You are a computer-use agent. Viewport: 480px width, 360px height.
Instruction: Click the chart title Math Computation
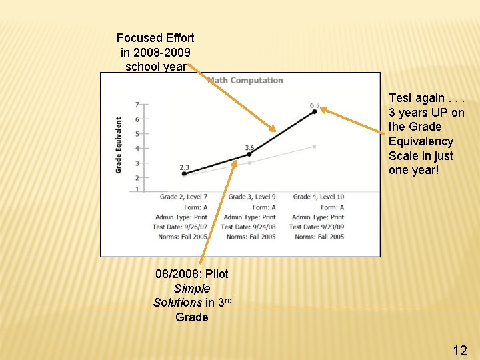245,81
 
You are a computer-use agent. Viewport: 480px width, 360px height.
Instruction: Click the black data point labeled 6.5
315,112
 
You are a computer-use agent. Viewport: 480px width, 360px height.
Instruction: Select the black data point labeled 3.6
249,154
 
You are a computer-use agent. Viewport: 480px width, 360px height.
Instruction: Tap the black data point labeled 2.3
185,174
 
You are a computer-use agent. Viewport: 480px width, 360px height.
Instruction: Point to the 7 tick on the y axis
137,105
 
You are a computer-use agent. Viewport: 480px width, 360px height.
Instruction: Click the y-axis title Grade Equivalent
119,145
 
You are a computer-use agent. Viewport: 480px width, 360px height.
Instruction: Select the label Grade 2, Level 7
183,197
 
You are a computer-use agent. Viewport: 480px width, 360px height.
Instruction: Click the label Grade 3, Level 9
251,197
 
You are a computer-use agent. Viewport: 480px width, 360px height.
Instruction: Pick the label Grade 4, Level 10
319,197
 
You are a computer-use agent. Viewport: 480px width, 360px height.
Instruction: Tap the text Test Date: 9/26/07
180,227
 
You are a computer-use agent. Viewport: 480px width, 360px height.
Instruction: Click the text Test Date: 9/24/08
248,227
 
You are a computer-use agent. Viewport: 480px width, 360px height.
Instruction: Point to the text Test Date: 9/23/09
316,227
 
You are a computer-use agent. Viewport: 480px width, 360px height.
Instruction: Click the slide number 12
460,350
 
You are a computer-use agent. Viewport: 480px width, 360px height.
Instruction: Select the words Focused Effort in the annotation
155,38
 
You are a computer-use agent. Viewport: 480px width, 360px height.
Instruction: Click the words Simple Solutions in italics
191,295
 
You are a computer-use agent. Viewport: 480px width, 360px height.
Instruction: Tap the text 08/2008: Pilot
191,274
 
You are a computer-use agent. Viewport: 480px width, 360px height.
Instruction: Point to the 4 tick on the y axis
137,149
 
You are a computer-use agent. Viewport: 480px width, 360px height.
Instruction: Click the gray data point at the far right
315,147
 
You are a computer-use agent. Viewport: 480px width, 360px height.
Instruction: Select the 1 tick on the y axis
137,190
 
